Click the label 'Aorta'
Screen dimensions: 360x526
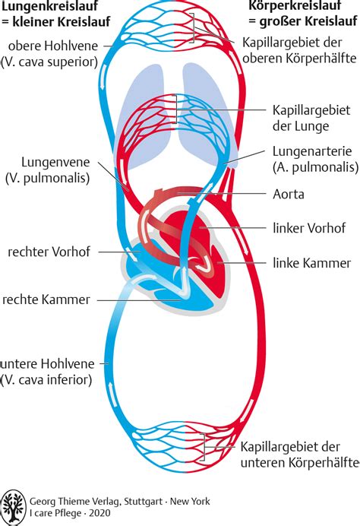tap(289, 195)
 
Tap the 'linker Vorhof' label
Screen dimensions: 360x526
tap(308, 228)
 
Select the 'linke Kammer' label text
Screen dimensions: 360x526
tap(311, 263)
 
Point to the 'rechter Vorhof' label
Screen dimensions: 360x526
tap(49, 252)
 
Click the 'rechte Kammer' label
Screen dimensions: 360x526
tap(46, 299)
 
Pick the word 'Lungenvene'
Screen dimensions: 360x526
tap(55, 162)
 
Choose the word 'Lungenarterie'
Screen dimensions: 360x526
tap(312, 151)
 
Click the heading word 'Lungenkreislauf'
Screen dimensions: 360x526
tap(49, 6)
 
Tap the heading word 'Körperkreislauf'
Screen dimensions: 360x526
tap(295, 5)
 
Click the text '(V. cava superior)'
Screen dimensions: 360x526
tap(49, 62)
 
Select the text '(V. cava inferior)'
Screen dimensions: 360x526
tap(46, 380)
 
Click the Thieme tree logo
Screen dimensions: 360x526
tap(13, 507)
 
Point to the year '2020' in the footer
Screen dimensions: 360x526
tap(99, 513)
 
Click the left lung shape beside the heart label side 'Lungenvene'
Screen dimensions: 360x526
tap(143, 114)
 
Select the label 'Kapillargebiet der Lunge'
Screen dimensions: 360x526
tap(311, 118)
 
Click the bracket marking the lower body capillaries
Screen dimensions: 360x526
tap(203, 447)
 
